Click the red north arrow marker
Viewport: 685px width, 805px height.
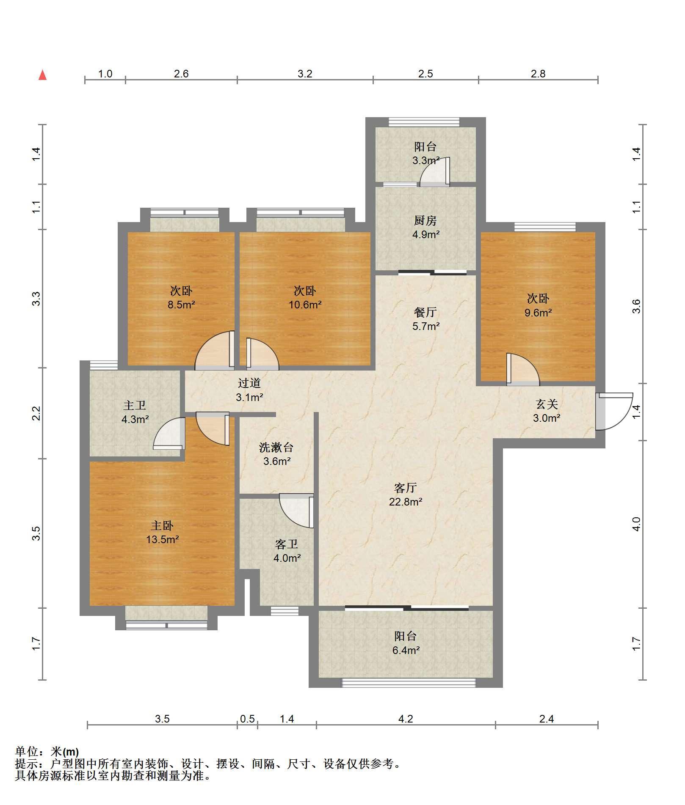tap(42, 75)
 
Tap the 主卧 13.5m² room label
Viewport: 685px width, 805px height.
tap(162, 532)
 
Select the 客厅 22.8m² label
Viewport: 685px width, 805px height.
tap(406, 495)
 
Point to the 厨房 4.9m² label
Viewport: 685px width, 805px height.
tap(425, 227)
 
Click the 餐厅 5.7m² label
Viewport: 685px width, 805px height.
tap(425, 319)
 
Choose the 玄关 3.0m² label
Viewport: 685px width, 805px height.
tap(547, 411)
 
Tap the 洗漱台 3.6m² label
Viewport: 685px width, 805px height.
tap(276, 454)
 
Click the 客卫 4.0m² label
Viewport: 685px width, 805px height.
tap(287, 551)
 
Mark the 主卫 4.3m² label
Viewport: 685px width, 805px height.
tap(135, 412)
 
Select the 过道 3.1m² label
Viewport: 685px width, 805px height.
tap(249, 390)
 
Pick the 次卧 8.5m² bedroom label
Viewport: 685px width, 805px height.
tap(181, 297)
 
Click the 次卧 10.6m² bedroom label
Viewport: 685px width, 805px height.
tap(305, 297)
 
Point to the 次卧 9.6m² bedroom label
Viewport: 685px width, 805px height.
tap(538, 305)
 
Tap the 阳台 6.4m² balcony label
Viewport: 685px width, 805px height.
tap(406, 643)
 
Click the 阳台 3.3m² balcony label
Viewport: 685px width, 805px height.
tap(425, 154)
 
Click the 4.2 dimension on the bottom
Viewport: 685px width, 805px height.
tap(406, 719)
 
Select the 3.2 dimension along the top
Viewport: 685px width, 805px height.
tap(305, 74)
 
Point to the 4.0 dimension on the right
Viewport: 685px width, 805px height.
tap(636, 524)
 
